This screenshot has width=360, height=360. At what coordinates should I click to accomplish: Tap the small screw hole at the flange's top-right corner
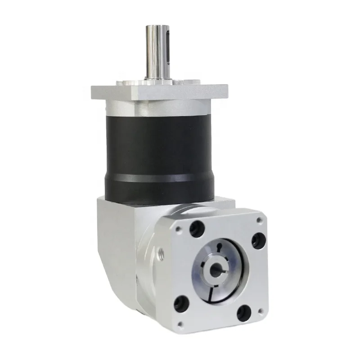pos(259,220)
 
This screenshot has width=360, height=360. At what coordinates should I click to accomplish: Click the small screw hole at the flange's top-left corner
pos(179,229)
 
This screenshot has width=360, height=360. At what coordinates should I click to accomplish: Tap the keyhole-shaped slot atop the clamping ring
pos(218,248)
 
